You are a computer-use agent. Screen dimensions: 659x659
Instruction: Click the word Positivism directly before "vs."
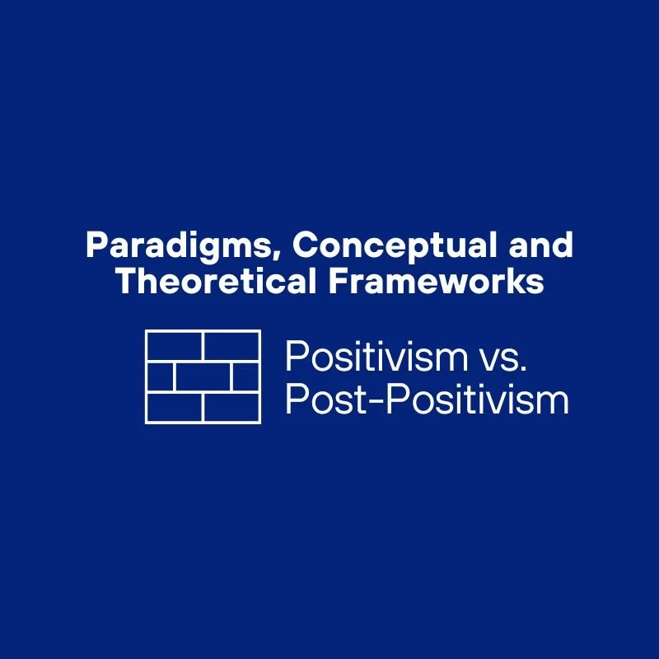(x=364, y=358)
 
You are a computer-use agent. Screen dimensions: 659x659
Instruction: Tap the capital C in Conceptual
(x=303, y=245)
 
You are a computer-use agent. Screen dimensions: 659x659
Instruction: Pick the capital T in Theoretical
(x=125, y=282)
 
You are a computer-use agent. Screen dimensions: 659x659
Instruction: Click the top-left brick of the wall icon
(x=174, y=347)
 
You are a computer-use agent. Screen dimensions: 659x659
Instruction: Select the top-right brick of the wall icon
(x=231, y=347)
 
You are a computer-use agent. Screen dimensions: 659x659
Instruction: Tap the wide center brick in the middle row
(x=203, y=376)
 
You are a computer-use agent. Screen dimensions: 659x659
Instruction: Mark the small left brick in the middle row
(x=160, y=376)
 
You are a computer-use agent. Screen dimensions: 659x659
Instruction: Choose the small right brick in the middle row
(x=245, y=376)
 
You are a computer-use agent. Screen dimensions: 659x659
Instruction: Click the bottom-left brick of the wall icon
(x=174, y=406)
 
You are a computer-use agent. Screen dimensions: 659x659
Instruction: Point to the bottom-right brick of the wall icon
(x=231, y=406)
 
